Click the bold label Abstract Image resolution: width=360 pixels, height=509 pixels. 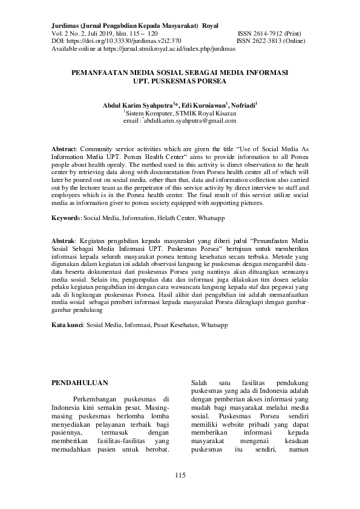pos(64,148)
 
